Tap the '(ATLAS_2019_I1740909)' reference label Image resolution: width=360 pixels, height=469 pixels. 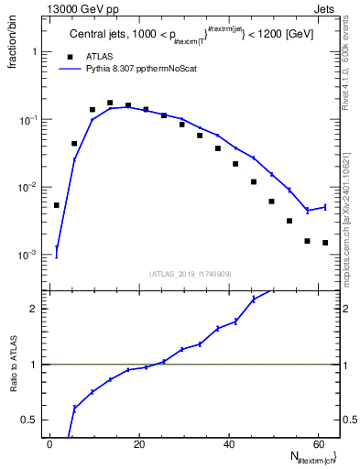click(x=191, y=274)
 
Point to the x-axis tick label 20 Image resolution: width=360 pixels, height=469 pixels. click(x=139, y=443)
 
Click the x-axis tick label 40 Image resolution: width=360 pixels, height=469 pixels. click(x=229, y=443)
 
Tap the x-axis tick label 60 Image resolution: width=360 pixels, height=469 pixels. click(x=318, y=443)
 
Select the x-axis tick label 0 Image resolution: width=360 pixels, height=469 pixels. click(x=50, y=443)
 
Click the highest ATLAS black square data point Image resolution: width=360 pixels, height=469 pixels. click(x=110, y=104)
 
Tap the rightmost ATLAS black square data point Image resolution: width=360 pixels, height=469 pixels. click(x=325, y=243)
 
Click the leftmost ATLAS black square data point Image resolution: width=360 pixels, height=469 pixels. click(x=57, y=205)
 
